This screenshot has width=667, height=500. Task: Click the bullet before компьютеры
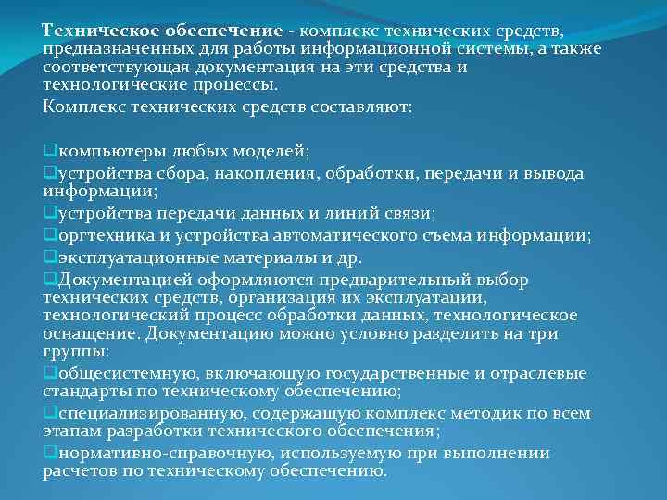[x=48, y=150]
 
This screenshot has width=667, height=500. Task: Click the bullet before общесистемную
[x=48, y=373]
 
